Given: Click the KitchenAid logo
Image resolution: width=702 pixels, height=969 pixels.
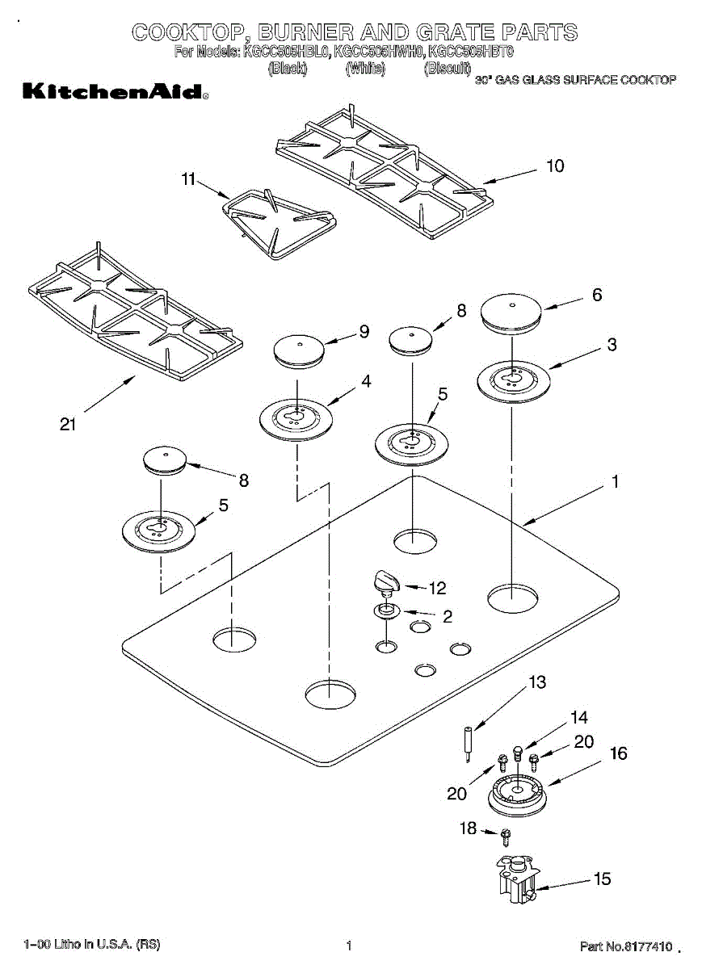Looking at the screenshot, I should [x=115, y=91].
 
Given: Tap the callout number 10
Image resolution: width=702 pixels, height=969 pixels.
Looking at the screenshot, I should [x=555, y=166].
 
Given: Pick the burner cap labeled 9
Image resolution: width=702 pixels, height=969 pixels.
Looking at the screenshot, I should [x=299, y=350].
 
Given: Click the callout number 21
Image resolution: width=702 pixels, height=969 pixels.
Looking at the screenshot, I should [x=68, y=423].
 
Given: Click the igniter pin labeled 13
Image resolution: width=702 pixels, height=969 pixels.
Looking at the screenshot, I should [x=469, y=742].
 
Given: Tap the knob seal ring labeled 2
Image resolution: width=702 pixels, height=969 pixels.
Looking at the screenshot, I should [x=386, y=610].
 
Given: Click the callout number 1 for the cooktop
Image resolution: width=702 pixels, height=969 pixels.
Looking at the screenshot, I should [x=615, y=482].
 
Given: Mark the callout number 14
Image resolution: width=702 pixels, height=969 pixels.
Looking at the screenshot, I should [x=579, y=717].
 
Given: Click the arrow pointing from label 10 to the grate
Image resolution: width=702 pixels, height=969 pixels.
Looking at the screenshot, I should [x=510, y=176].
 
